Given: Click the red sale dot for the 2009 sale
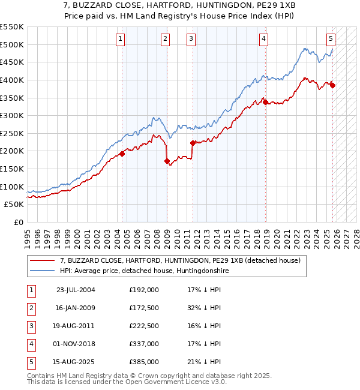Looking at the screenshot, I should [167, 161].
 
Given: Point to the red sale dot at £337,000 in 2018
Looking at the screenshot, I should [265, 103].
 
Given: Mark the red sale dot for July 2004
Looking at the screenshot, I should [122, 154].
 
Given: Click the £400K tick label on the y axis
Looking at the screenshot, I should [12, 80].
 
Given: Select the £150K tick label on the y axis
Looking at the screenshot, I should [12, 169].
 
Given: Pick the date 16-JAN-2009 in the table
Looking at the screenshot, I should [75, 308].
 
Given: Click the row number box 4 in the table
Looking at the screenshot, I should [30, 344].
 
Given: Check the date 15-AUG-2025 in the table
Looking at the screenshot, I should [75, 362].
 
